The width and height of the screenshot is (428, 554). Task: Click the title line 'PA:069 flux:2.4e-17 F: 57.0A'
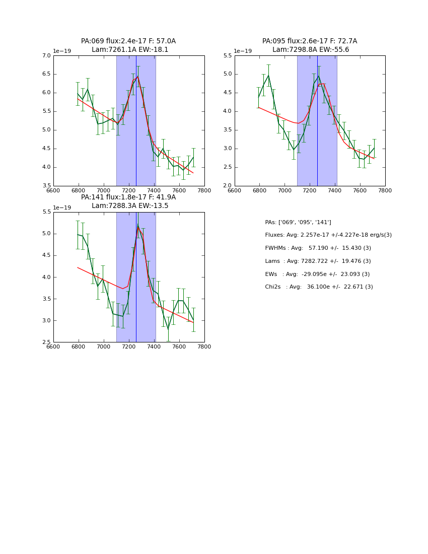click(128, 41)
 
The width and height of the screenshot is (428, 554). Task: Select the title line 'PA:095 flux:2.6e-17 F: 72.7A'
click(310, 41)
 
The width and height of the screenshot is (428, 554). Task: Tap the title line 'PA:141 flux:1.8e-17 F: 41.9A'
click(128, 197)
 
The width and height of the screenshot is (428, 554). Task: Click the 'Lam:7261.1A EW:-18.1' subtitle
click(130, 50)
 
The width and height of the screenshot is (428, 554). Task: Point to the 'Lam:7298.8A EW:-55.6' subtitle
click(311, 50)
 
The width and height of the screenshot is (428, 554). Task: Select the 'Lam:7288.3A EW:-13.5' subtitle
click(130, 206)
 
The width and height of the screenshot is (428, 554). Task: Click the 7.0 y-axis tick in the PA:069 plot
click(46, 56)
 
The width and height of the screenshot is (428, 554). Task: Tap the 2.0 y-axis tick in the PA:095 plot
click(227, 186)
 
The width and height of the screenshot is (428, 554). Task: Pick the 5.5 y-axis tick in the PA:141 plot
click(46, 212)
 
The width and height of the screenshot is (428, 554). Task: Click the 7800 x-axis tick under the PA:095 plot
click(385, 190)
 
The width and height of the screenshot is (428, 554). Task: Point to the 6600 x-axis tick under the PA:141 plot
click(53, 347)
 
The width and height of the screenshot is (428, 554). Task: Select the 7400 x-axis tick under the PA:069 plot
click(154, 190)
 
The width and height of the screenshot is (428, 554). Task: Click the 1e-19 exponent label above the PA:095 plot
click(243, 51)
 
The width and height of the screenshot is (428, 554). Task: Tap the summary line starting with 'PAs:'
click(298, 223)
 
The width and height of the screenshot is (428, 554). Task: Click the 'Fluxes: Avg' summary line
click(328, 235)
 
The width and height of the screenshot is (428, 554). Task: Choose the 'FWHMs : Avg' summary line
click(318, 248)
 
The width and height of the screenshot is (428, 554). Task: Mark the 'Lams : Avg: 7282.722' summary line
click(318, 261)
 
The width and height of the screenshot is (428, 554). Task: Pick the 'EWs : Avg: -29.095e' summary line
click(317, 274)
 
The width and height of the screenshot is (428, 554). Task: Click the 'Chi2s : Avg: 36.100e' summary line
click(319, 287)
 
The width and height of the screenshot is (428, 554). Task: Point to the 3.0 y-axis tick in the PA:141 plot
click(46, 320)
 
